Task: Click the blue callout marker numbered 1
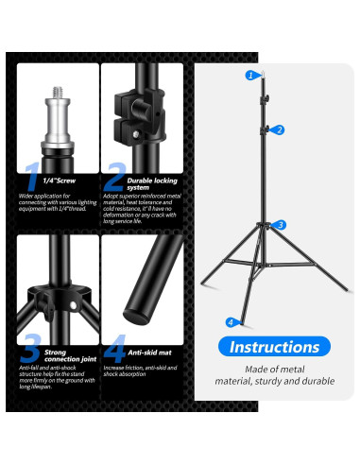(250, 74)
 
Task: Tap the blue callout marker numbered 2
(280, 129)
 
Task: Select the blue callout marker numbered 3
(280, 225)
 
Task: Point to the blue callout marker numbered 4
(230, 322)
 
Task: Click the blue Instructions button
(274, 347)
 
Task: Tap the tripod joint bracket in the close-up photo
(57, 289)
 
